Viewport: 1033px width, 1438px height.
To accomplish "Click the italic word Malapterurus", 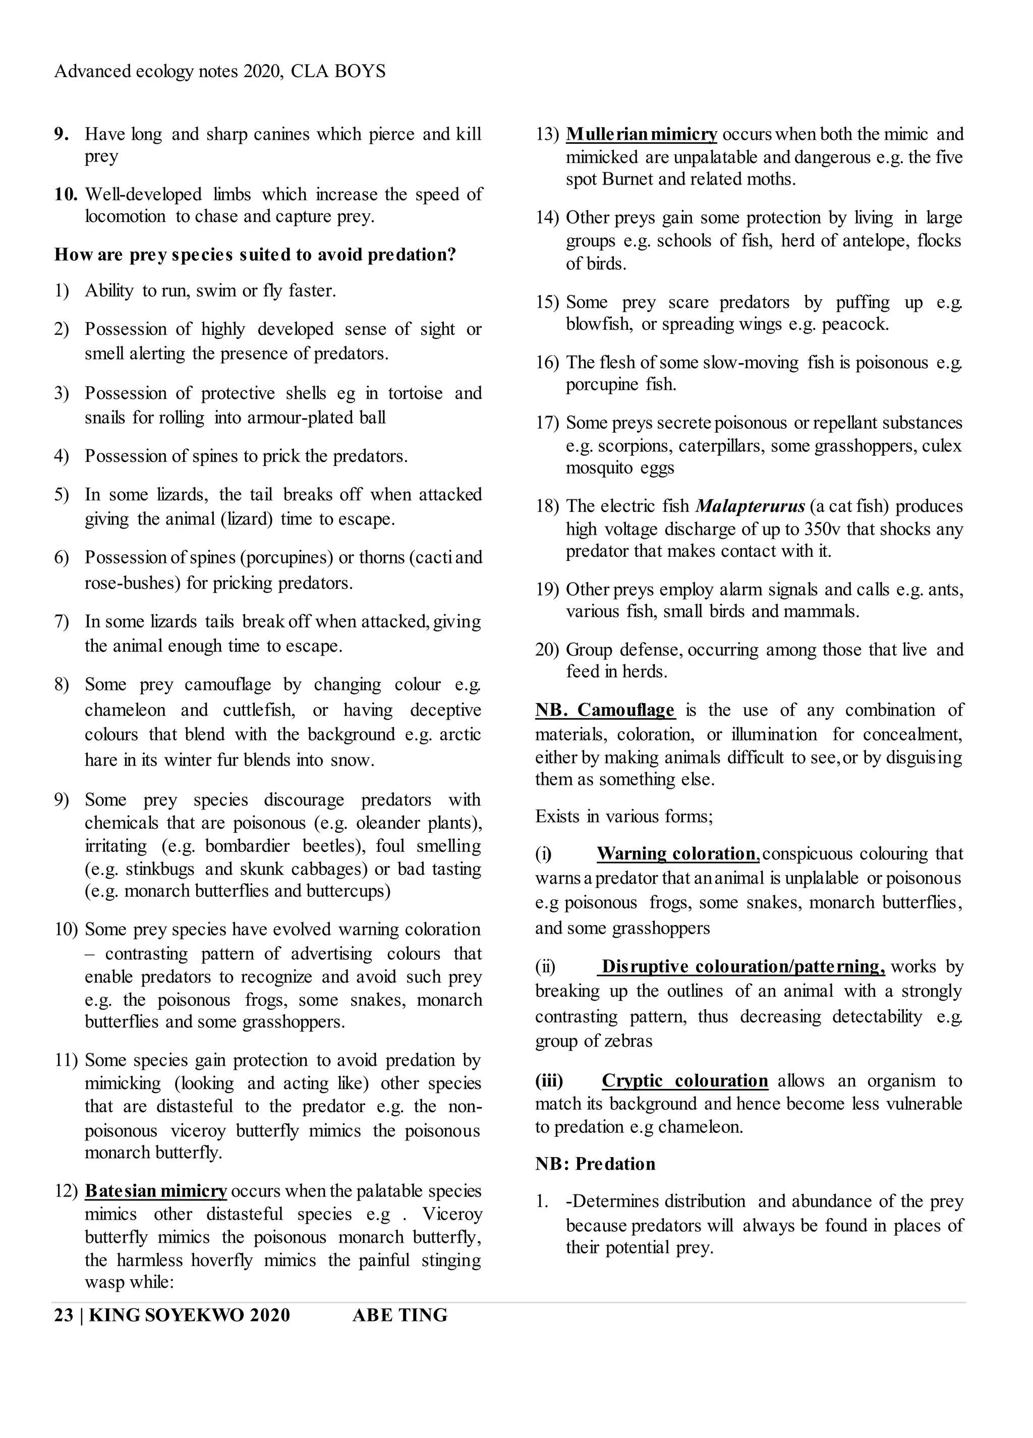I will (x=750, y=506).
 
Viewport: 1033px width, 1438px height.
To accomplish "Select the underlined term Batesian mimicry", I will (x=155, y=1191).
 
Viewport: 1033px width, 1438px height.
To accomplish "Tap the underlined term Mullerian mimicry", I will (x=641, y=134).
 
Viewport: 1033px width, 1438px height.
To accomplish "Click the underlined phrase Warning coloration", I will (x=676, y=853).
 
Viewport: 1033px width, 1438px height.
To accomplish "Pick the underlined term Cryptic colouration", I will (x=684, y=1080).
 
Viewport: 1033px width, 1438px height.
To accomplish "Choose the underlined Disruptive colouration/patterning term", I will (x=742, y=966).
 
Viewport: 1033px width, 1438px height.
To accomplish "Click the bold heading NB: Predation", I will (x=595, y=1164).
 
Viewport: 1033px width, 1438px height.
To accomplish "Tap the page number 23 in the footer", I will (x=64, y=1315).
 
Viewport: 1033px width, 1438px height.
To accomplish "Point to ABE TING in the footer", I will (x=399, y=1315).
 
